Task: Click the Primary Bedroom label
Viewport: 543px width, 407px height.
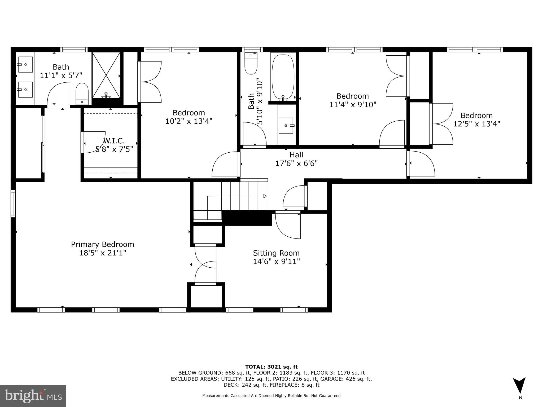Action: (x=102, y=244)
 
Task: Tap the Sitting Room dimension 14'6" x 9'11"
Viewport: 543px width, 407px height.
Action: (x=276, y=262)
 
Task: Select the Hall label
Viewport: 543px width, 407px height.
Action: (x=296, y=155)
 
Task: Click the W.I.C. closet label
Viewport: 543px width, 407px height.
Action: (x=114, y=141)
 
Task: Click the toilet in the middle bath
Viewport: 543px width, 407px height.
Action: (x=251, y=64)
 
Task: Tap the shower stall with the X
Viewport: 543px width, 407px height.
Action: (x=106, y=75)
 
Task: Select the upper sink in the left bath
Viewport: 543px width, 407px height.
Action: (x=25, y=64)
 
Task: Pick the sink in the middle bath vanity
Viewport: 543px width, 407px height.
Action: (x=286, y=125)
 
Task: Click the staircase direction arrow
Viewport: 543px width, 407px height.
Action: (x=265, y=196)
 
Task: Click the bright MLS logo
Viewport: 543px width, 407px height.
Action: (x=33, y=396)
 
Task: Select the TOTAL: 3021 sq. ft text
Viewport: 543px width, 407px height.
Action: (x=271, y=367)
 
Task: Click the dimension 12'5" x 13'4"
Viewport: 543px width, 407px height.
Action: (x=476, y=124)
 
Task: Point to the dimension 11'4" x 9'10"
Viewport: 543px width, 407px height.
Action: (x=353, y=105)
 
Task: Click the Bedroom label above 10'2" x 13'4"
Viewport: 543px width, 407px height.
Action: (x=189, y=113)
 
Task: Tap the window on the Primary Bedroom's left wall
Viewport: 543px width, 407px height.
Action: (x=13, y=203)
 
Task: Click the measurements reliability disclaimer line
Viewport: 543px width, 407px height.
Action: (x=271, y=396)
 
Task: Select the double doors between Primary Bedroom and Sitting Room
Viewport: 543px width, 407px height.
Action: (x=206, y=265)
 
